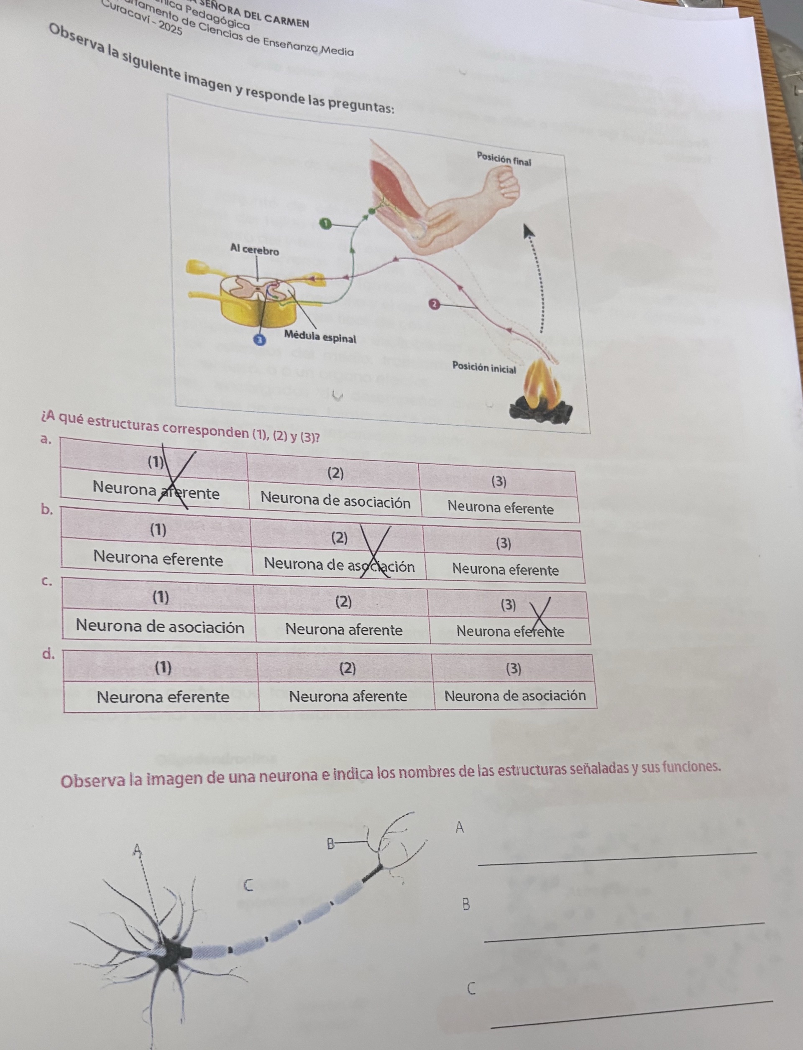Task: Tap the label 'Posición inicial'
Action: pyautogui.click(x=484, y=367)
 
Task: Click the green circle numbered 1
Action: pyautogui.click(x=325, y=223)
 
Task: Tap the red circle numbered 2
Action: pyautogui.click(x=433, y=304)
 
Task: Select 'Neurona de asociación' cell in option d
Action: pyautogui.click(x=515, y=696)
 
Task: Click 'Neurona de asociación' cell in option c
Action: pyautogui.click(x=160, y=626)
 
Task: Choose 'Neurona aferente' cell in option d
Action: pyautogui.click(x=348, y=696)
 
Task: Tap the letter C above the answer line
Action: pyautogui.click(x=471, y=989)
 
